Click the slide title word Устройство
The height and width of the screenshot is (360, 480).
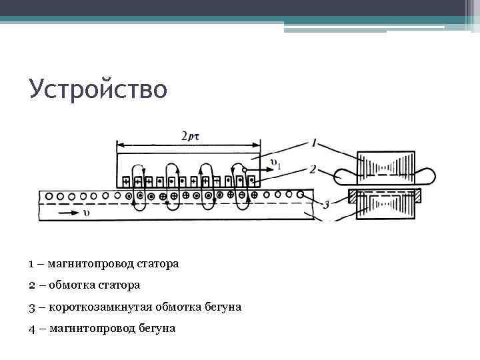coord(97,89)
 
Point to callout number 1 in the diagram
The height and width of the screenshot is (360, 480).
coord(313,142)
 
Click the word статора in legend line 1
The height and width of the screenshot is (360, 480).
coord(158,264)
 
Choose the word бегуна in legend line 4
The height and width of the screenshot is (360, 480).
coord(157,328)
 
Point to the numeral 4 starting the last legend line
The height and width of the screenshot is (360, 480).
coord(32,328)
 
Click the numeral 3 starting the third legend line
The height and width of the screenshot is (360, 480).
coord(32,307)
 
